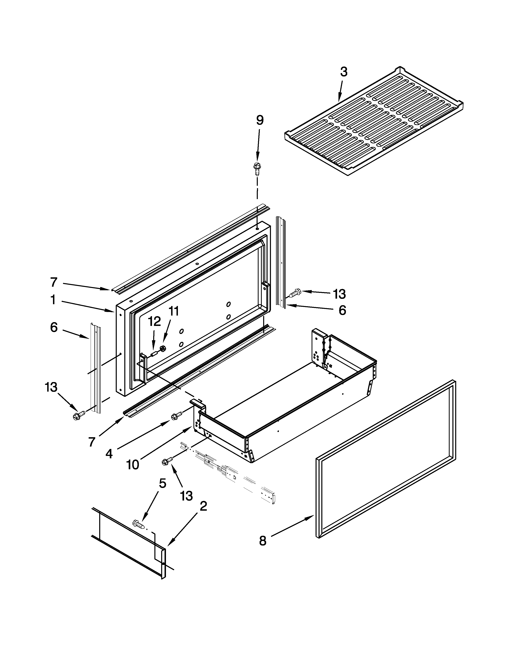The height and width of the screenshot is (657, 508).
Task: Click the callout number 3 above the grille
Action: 344,72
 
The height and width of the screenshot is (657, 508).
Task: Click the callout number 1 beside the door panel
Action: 53,300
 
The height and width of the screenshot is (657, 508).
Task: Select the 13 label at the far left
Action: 51,387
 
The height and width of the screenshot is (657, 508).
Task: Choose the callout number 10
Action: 132,465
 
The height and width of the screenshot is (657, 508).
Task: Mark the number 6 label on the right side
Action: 342,310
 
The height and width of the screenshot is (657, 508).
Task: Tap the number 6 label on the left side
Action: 54,328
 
